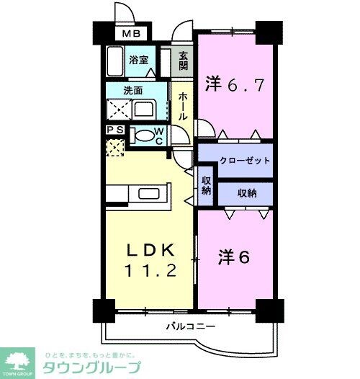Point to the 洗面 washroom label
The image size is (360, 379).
(132, 92)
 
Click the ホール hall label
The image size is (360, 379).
(183, 105)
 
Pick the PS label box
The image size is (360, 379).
(114, 130)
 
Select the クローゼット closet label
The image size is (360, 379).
(235, 160)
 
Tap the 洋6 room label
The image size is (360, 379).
(234, 258)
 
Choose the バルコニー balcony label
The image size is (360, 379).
(191, 326)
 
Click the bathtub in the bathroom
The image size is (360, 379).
(116, 63)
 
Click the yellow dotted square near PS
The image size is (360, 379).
(114, 147)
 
